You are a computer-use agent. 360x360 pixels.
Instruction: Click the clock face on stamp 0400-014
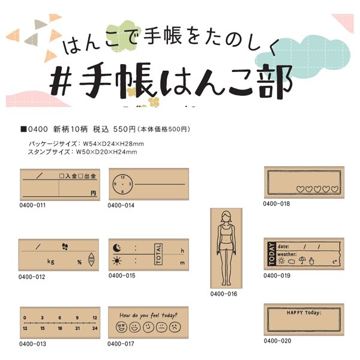[x=122, y=182]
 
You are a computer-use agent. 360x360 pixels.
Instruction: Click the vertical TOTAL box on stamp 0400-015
[x=158, y=254]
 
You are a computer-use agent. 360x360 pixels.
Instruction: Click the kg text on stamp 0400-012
[x=51, y=262]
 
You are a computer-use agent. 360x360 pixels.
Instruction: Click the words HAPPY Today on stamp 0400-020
[x=304, y=312]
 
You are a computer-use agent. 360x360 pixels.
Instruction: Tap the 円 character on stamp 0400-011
[x=93, y=193]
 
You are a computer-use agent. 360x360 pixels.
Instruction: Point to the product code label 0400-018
[x=276, y=204]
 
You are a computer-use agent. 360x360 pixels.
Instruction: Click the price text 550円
[x=125, y=129]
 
